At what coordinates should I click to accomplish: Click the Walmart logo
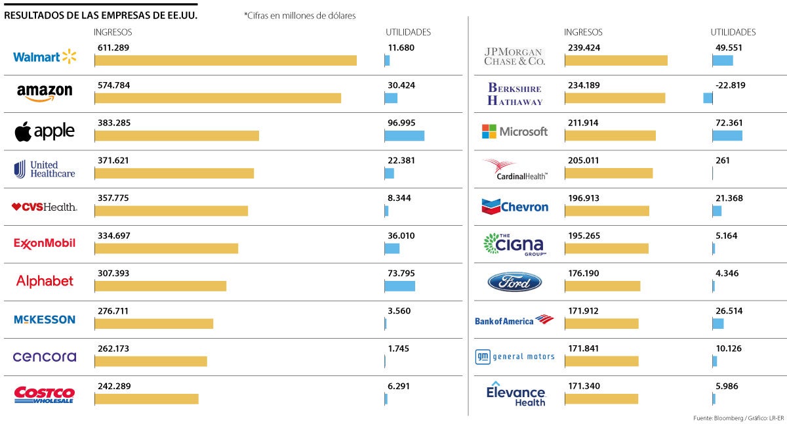coord(45,56)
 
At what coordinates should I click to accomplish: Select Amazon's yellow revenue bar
coord(218,98)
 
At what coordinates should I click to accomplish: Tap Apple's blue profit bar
coord(404,136)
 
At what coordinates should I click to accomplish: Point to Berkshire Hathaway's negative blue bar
coord(708,98)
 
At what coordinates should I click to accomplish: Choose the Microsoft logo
coord(515,131)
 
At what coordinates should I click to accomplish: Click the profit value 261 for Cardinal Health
coord(723,161)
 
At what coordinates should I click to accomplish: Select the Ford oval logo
coord(515,282)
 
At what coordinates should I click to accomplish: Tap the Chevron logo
coord(515,207)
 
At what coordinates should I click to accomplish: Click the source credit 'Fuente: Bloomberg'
coord(718,418)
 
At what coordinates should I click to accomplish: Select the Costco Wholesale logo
coord(45,394)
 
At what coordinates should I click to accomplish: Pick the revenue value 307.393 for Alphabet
coord(114,274)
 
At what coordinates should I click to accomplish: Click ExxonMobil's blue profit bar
coord(392,249)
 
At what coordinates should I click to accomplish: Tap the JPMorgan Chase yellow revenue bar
coord(616,60)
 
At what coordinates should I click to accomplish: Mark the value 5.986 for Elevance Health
coord(729,387)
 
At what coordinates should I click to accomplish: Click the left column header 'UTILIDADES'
coord(408,32)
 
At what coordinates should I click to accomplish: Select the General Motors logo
coord(515,357)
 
